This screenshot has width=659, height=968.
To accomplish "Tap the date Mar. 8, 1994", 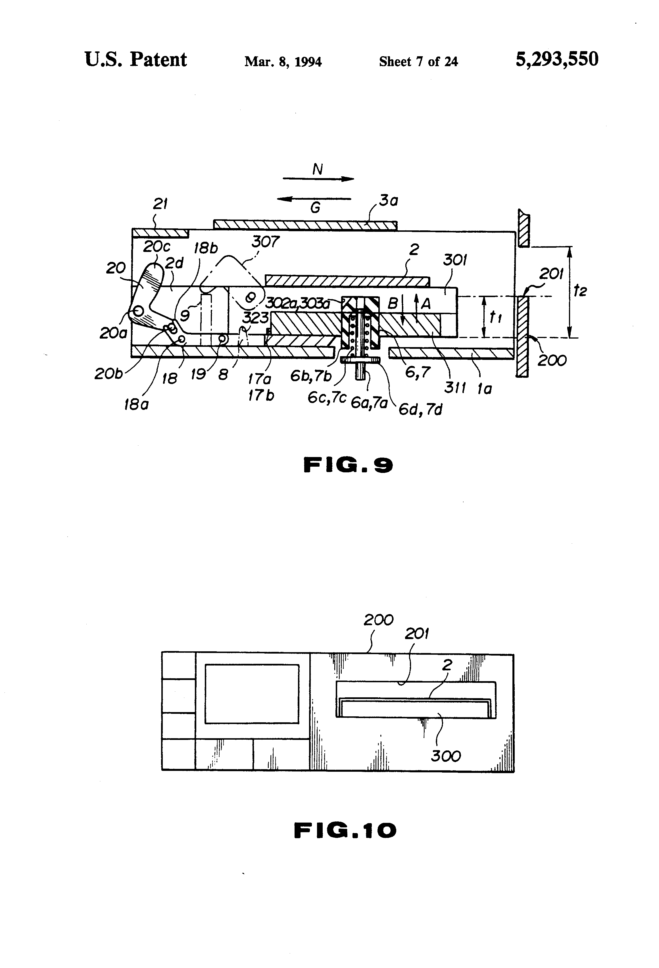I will pyautogui.click(x=283, y=62).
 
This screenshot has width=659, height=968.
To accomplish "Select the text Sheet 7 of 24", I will pyautogui.click(x=418, y=62).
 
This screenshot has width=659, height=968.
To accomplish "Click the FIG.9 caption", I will pyautogui.click(x=348, y=465).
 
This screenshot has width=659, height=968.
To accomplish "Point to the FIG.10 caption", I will pyautogui.click(x=345, y=830).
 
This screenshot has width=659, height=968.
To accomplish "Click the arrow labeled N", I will pyautogui.click(x=319, y=179).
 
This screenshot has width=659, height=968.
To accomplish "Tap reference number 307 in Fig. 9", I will pyautogui.click(x=265, y=242).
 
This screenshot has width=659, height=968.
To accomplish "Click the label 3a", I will pyautogui.click(x=388, y=201).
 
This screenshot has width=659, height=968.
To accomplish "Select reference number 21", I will pyautogui.click(x=160, y=204).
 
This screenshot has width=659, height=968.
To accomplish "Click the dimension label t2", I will pyautogui.click(x=579, y=290).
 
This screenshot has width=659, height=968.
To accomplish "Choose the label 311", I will pyautogui.click(x=455, y=387).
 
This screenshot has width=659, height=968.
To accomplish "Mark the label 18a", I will pyautogui.click(x=136, y=404).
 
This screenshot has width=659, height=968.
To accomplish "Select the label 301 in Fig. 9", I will pyautogui.click(x=454, y=260).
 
